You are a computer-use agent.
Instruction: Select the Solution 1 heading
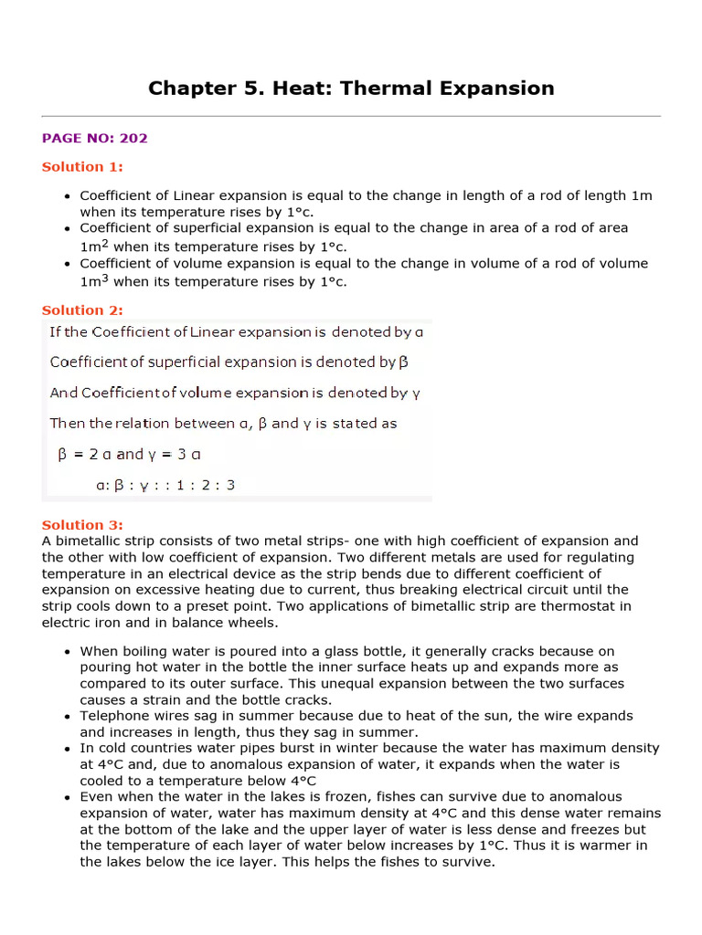coord(82,166)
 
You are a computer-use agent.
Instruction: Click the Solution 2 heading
coord(82,310)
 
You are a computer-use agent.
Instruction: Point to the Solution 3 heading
coord(82,525)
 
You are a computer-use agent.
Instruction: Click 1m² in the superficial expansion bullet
coord(94,246)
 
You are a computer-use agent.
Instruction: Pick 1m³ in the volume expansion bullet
coord(94,281)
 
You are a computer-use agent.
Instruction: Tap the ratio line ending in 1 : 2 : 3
coord(165,485)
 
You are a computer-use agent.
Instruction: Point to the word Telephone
coord(112,716)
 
